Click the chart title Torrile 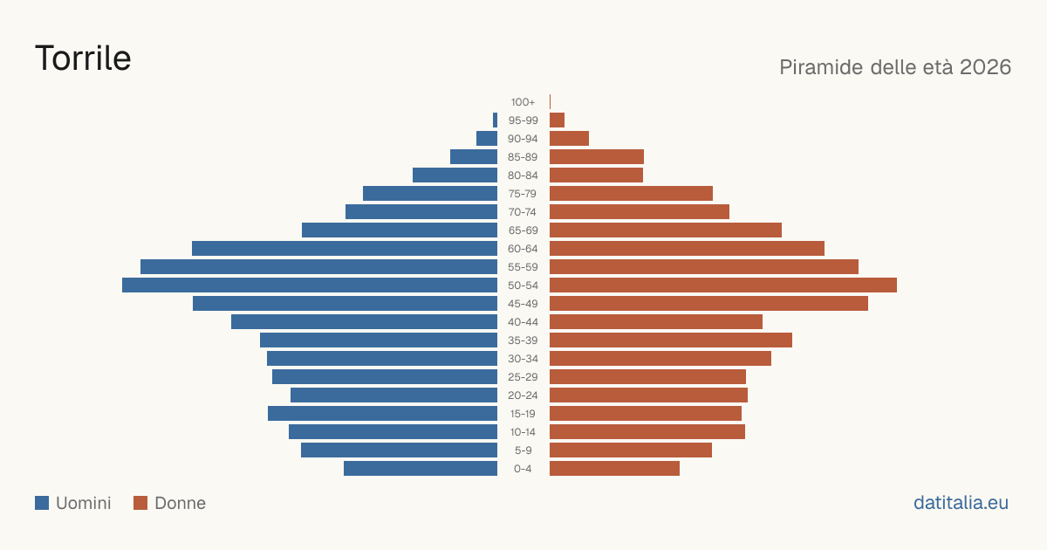coord(83,58)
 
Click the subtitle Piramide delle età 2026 coord(895,67)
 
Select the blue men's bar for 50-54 coord(310,285)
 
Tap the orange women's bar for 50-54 coord(723,285)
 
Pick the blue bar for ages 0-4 coord(421,469)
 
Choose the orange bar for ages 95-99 coord(558,120)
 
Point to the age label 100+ coord(523,102)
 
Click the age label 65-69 coord(523,230)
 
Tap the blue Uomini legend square coord(42,503)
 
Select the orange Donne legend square coord(140,503)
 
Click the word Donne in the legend coord(180,503)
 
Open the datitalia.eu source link coord(961,503)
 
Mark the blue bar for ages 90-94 coord(487,139)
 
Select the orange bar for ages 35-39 coord(671,340)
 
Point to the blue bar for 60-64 coord(345,248)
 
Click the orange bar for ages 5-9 coord(631,450)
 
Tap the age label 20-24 coord(523,395)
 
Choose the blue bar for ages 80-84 coord(455,175)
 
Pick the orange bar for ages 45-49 coord(708,304)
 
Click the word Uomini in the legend coord(83,503)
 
